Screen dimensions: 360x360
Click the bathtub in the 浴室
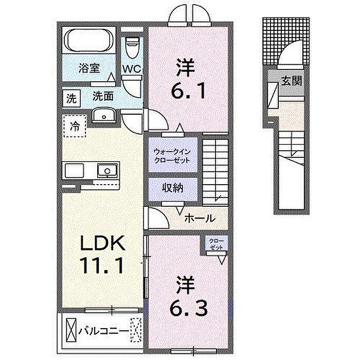(89, 41)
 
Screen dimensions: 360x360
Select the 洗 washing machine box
(71, 99)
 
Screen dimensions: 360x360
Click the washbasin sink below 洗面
(104, 115)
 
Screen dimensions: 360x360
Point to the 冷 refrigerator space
(75, 126)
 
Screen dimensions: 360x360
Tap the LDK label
(102, 243)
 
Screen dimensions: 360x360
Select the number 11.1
(101, 265)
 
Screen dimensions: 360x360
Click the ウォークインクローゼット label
(172, 156)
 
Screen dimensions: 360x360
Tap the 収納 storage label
(173, 188)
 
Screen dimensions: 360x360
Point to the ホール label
(200, 218)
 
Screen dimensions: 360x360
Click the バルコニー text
(104, 331)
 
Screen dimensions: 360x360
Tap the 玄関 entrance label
(292, 81)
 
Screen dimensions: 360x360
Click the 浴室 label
(89, 68)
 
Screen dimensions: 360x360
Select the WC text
(132, 69)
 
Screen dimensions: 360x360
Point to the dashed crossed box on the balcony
(135, 330)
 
